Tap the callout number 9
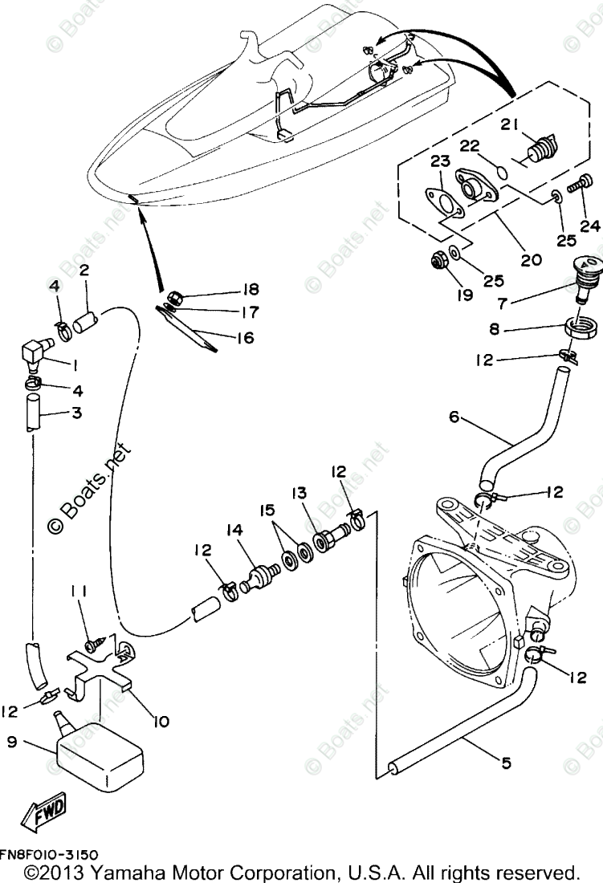click(11, 743)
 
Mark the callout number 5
click(505, 763)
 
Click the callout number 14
click(234, 530)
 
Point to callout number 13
click(299, 491)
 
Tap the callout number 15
click(266, 510)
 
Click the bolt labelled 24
click(577, 185)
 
